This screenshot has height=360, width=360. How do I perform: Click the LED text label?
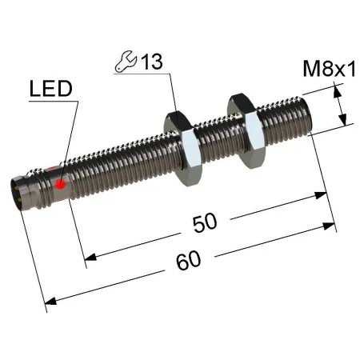point(50,89)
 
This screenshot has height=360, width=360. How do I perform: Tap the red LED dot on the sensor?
point(61,184)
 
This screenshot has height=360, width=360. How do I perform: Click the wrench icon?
point(126,62)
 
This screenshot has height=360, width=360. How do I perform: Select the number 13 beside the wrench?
point(151,62)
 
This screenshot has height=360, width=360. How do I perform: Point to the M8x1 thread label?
point(330,69)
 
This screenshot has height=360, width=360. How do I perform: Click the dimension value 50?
point(205,222)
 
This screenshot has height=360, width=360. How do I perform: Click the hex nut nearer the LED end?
point(182,149)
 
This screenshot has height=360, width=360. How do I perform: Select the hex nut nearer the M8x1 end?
point(246,131)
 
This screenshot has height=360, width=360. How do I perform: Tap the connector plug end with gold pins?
point(18,193)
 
